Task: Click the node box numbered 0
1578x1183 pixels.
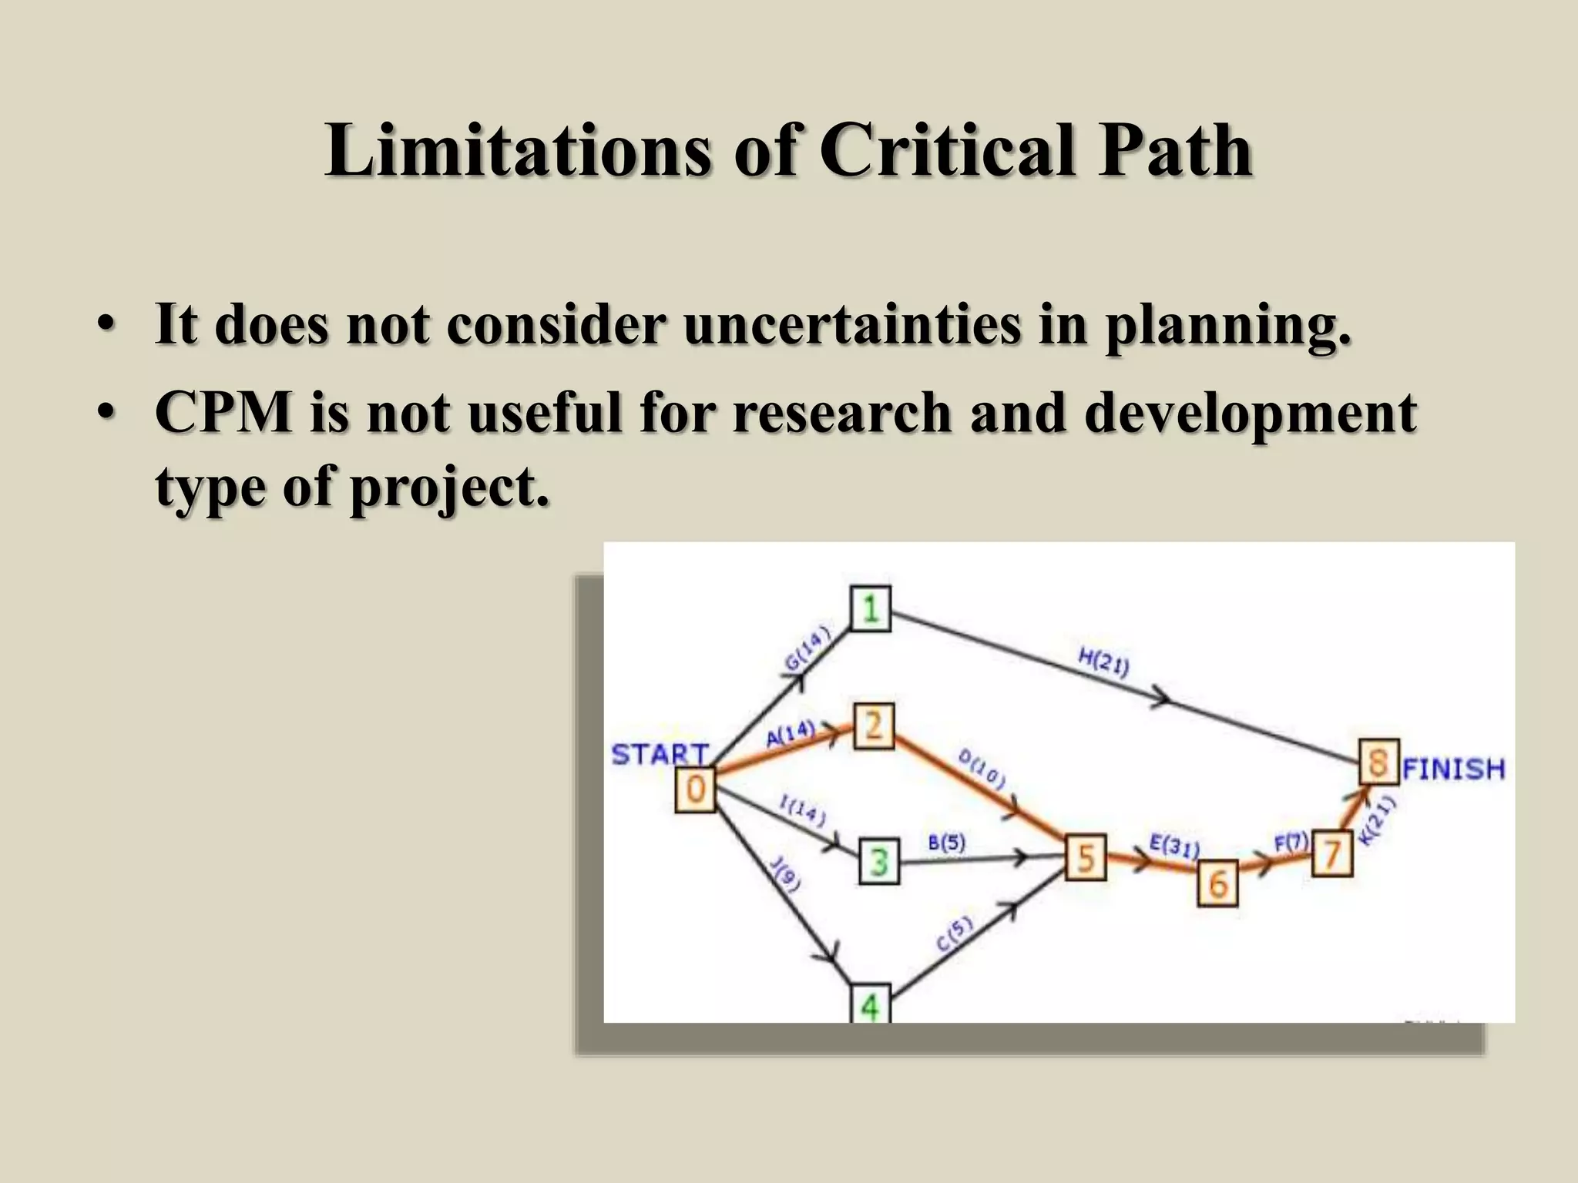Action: [x=695, y=790]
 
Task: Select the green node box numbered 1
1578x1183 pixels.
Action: [x=871, y=609]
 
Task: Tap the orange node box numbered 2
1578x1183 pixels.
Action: [x=873, y=726]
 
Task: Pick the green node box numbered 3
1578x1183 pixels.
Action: [x=879, y=861]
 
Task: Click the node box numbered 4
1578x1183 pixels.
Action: [x=870, y=1005]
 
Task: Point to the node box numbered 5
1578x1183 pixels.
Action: [x=1086, y=857]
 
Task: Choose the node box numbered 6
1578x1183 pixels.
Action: [x=1217, y=883]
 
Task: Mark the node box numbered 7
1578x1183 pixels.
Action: [x=1331, y=854]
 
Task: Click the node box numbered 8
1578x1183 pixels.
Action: [x=1378, y=762]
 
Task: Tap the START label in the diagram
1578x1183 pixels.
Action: [x=660, y=754]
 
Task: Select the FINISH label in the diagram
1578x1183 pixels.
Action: [x=1453, y=769]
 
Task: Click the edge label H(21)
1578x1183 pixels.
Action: [x=1103, y=662]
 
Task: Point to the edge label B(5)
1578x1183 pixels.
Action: [x=946, y=843]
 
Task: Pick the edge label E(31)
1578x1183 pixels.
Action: [x=1174, y=846]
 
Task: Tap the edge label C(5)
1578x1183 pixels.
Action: [x=955, y=935]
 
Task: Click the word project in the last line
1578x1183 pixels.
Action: [x=450, y=487]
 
